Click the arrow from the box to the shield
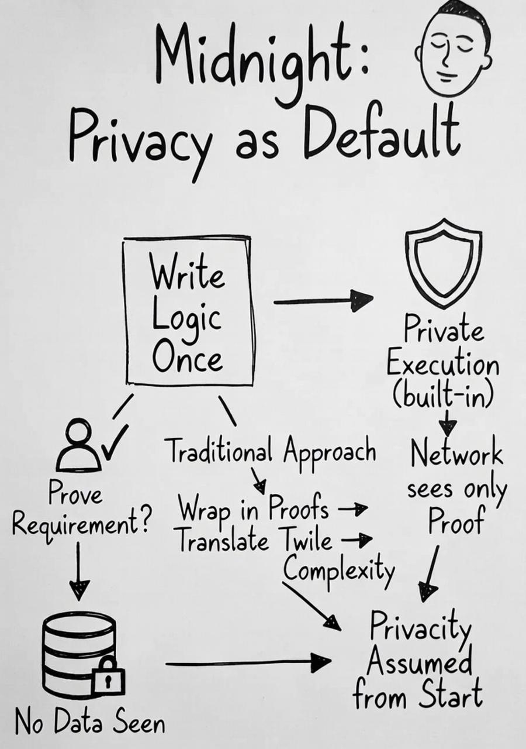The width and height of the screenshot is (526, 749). click(x=323, y=301)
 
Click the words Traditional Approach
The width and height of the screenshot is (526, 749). click(x=271, y=452)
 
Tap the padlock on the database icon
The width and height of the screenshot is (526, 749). click(x=108, y=675)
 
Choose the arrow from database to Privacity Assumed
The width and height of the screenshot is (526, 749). click(x=248, y=663)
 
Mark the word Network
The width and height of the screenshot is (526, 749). click(x=456, y=454)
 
